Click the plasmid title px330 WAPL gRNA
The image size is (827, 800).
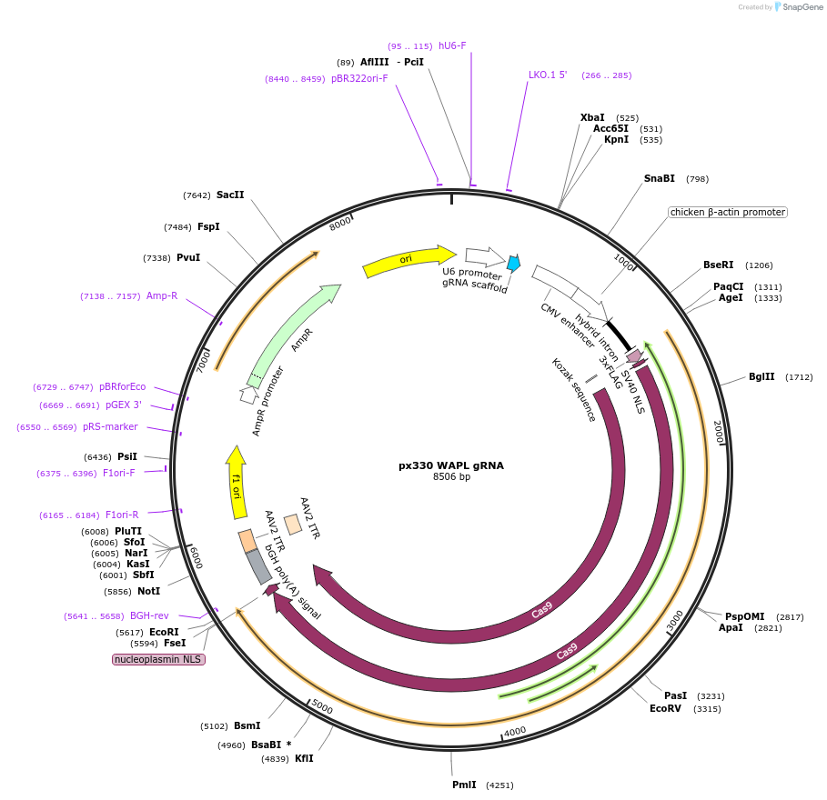click(x=450, y=465)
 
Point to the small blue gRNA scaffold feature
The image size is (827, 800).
click(x=514, y=264)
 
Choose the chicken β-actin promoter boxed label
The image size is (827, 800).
click(x=727, y=212)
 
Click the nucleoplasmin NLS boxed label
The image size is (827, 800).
click(x=158, y=659)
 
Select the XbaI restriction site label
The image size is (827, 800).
click(x=592, y=118)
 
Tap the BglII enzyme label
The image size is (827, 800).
click(x=761, y=376)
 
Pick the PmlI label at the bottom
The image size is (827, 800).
click(x=464, y=785)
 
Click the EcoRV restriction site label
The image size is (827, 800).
click(x=665, y=708)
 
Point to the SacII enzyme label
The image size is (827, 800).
click(x=230, y=195)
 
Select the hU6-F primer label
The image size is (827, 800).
click(x=452, y=45)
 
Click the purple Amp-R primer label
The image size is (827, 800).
click(x=162, y=295)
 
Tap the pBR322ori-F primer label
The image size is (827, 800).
click(x=359, y=78)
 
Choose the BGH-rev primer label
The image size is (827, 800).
click(x=149, y=615)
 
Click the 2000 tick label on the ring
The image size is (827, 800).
click(x=717, y=432)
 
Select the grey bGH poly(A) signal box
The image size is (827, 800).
click(x=259, y=567)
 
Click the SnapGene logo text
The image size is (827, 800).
click(x=802, y=6)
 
